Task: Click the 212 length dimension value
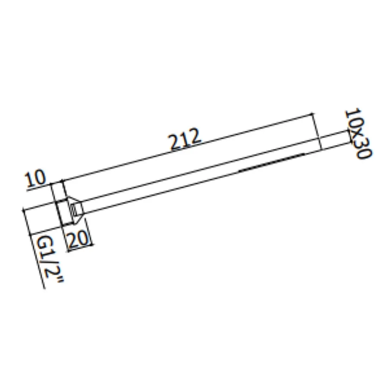[x=185, y=139]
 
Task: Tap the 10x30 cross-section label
[x=358, y=134]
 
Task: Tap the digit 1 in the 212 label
[x=185, y=139]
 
